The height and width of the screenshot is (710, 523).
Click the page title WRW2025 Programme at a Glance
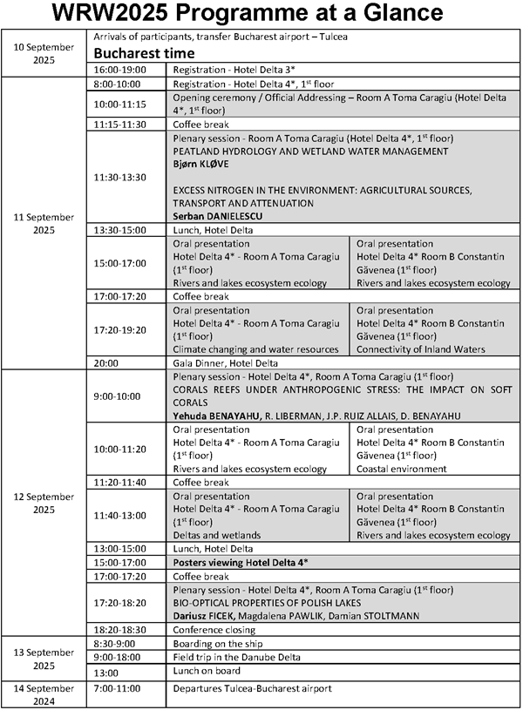tap(261, 15)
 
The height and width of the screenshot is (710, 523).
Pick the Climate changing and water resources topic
tap(255, 349)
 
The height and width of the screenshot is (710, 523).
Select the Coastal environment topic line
tap(404, 468)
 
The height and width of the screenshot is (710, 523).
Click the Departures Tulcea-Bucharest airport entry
tap(253, 688)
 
